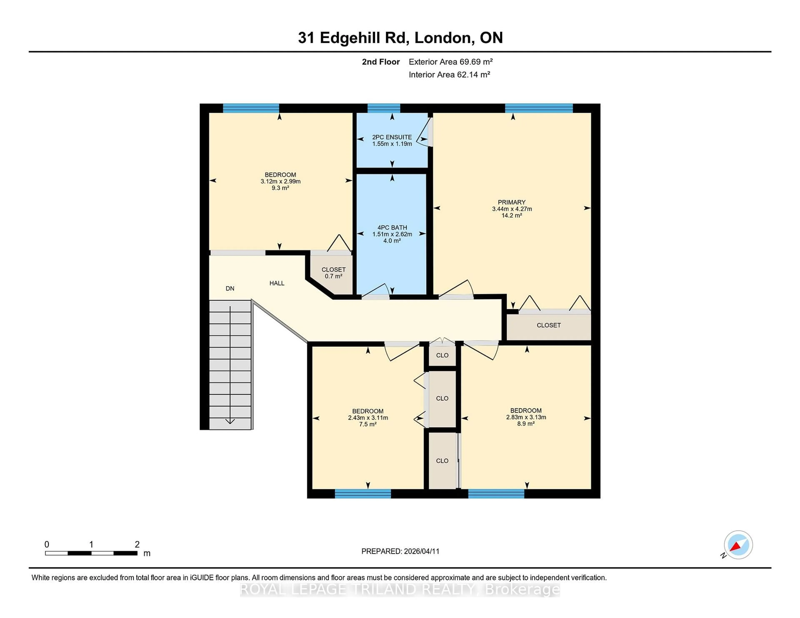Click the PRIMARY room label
[511, 202]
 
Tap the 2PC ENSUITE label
[392, 137]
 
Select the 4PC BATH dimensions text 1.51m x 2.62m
[392, 234]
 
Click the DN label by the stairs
[230, 289]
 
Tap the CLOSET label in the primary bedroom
[548, 325]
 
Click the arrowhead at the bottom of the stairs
[230, 421]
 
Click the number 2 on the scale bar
[137, 544]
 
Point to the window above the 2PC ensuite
[384, 108]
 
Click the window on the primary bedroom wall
[539, 108]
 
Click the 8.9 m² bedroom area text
[526, 424]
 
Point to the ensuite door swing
[424, 134]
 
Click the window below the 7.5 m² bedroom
[363, 494]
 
